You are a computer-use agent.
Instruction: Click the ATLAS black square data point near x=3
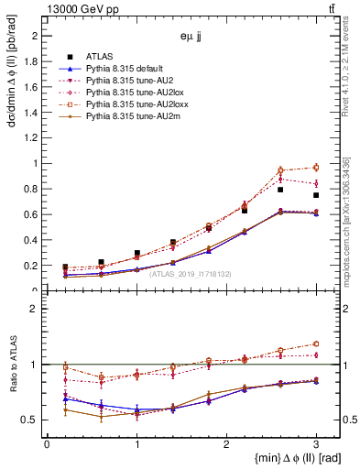(316, 195)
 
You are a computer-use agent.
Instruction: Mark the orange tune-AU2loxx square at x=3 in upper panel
(316, 167)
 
